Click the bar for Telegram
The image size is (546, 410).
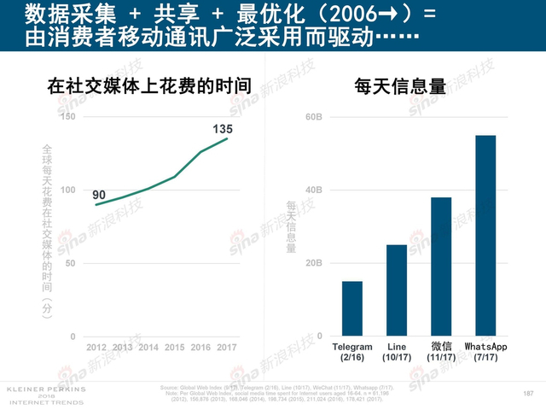coord(351,308)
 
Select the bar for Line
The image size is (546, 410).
coord(396,290)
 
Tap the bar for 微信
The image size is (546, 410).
coord(441,266)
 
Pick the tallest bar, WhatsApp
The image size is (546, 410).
coord(485,236)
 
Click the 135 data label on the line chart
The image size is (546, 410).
coord(222,129)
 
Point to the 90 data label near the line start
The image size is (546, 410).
coord(99,195)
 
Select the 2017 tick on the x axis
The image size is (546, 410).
coord(227,347)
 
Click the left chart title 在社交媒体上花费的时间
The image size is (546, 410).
coord(149,86)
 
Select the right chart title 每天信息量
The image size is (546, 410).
coord(400,86)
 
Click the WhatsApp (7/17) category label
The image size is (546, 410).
coord(485,351)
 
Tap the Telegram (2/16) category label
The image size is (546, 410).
coord(351,351)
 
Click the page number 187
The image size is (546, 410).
coord(526,393)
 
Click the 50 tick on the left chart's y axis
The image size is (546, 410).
coord(70,263)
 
